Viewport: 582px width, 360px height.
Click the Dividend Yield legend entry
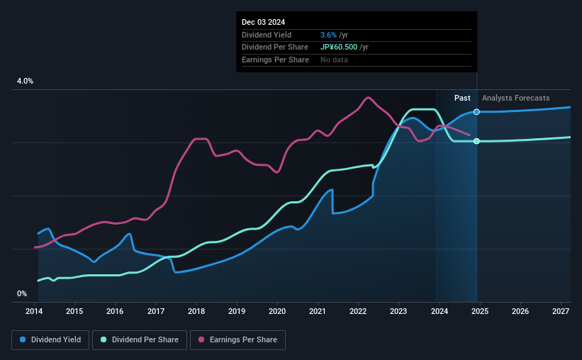click(x=50, y=340)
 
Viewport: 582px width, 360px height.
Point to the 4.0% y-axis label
click(x=25, y=81)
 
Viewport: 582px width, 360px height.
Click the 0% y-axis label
click(x=22, y=293)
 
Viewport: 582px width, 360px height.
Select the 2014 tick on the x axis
click(x=35, y=311)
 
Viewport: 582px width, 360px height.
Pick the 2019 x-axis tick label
click(x=237, y=311)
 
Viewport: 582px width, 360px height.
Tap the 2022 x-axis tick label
click(x=358, y=311)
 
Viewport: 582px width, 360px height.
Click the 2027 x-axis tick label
click(x=560, y=311)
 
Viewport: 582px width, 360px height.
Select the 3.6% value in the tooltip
click(x=328, y=35)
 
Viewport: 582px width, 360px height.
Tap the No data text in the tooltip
click(x=334, y=60)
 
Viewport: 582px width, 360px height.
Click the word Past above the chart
click(x=462, y=98)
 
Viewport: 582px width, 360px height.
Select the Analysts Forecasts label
click(x=515, y=98)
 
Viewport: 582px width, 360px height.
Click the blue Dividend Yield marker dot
click(x=476, y=112)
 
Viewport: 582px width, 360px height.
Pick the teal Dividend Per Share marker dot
click(x=476, y=141)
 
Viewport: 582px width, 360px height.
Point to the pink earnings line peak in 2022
click(x=367, y=97)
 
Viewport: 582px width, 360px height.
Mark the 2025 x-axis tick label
click(x=479, y=311)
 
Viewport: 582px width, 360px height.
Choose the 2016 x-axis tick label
click(x=116, y=311)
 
